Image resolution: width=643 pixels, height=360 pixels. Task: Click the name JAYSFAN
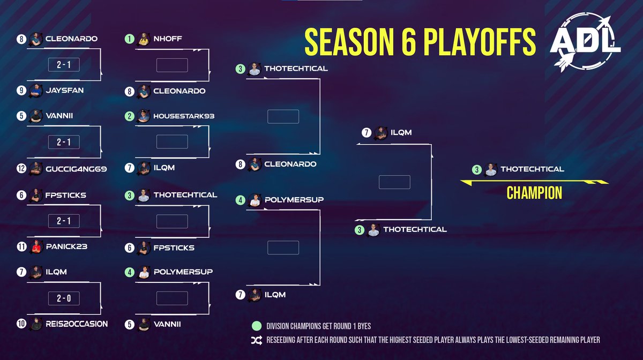click(64, 91)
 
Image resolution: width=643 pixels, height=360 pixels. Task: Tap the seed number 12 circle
click(21, 168)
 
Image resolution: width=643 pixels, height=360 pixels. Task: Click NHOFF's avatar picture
click(143, 39)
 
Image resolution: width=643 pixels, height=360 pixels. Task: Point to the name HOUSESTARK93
click(184, 116)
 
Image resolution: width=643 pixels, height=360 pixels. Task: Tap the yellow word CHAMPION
click(534, 193)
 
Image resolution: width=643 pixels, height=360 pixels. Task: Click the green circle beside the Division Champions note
click(257, 325)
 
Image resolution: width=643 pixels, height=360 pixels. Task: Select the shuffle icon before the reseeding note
click(257, 340)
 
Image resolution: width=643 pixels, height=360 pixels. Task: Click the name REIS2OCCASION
click(77, 324)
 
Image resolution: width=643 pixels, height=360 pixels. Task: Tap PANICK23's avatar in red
click(36, 246)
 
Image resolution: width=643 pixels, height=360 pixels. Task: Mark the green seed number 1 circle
click(129, 39)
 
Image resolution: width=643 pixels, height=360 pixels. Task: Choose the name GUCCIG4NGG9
click(76, 168)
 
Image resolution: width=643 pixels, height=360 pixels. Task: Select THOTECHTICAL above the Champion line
click(532, 169)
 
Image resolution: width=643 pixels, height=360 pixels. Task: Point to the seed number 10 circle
click(21, 324)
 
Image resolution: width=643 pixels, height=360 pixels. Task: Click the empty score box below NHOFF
click(171, 65)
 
